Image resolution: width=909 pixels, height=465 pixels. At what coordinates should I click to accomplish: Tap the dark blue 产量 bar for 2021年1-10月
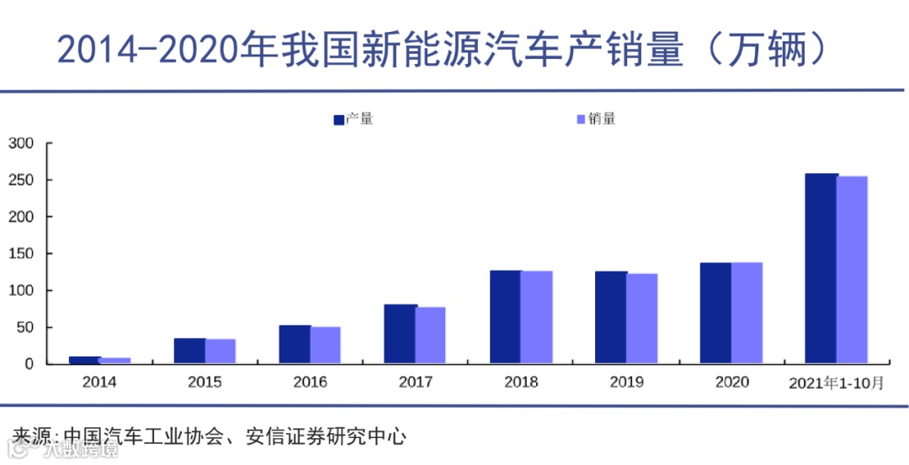821,268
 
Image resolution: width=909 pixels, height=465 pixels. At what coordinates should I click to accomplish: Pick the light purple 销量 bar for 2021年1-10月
852,270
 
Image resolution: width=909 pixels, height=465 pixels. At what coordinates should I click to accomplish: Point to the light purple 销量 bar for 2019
642,319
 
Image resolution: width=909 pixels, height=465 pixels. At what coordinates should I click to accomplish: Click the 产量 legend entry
353,119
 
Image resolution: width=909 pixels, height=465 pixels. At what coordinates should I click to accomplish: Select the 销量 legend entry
596,119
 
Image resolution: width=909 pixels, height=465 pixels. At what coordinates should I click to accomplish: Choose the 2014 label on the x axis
99,383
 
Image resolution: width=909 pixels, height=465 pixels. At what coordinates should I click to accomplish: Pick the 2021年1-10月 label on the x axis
836,383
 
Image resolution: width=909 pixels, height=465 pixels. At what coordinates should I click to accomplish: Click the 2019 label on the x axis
626,383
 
